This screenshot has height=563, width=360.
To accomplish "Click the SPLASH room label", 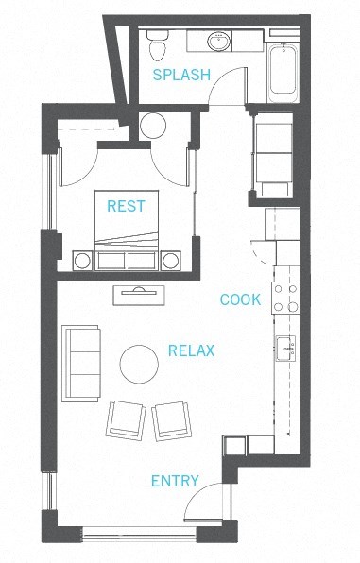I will pos(181,75).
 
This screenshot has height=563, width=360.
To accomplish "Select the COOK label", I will pos(240,299).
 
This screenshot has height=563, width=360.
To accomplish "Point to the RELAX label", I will pos(191,350).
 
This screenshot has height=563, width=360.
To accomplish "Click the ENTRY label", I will pos(175,481).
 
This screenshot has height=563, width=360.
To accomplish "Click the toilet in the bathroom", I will pos(157,43).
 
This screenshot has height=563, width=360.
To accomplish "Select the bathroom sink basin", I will pos(219,41).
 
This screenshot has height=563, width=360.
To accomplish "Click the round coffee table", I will pos(140,364).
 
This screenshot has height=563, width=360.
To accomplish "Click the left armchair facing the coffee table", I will pos(127,418).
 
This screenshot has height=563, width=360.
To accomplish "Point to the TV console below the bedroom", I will pos(139,295).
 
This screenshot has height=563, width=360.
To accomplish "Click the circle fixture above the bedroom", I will pos(153,125).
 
